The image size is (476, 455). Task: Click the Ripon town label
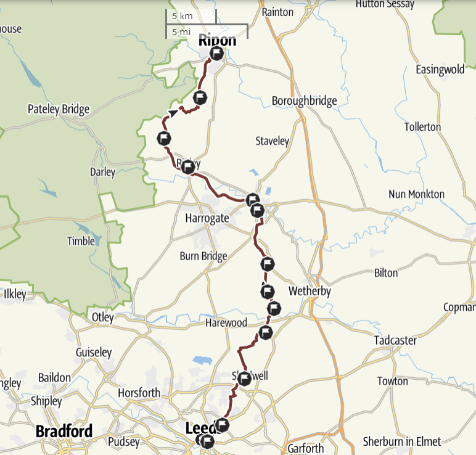(217, 41)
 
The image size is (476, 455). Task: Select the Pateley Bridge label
(59, 110)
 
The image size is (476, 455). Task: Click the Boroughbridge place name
(305, 101)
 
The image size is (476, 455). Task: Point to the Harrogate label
(207, 218)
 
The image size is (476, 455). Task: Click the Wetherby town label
(310, 291)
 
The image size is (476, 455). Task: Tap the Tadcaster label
(395, 340)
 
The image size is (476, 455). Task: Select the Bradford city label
(64, 431)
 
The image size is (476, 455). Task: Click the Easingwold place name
(440, 70)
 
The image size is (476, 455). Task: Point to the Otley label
(102, 318)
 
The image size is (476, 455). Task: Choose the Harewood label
(227, 323)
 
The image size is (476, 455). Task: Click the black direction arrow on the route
(174, 113)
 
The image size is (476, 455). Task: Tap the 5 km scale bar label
(183, 16)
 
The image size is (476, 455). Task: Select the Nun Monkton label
(416, 194)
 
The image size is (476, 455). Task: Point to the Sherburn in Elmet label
(402, 441)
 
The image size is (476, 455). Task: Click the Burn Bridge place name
(203, 256)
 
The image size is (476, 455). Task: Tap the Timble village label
(81, 241)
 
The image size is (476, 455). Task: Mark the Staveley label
(272, 141)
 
